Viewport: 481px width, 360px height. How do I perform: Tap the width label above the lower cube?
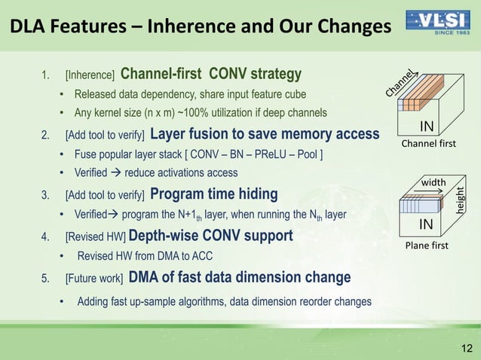point(434,182)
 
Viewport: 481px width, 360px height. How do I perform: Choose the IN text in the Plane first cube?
point(425,225)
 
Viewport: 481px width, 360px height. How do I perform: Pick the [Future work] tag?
point(94,278)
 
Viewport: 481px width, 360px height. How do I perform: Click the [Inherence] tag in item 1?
point(90,75)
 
